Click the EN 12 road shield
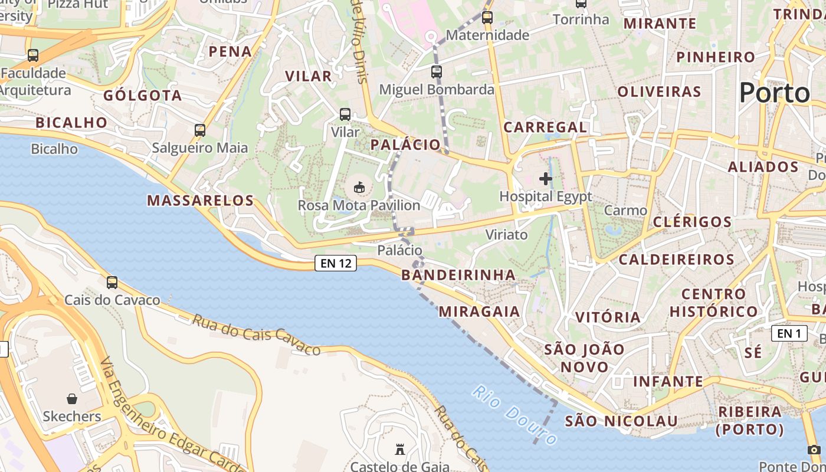tap(336, 263)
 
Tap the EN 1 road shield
tap(789, 333)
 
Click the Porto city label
tap(775, 93)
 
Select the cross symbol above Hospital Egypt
tap(546, 178)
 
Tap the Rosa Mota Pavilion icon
tap(358, 188)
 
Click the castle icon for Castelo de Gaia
tap(400, 450)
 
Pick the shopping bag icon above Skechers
tap(72, 399)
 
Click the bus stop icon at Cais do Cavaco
tap(112, 283)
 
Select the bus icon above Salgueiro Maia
tap(200, 130)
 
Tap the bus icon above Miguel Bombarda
tap(436, 72)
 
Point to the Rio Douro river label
tap(514, 415)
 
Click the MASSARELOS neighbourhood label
tap(200, 201)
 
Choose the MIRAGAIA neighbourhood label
tap(480, 312)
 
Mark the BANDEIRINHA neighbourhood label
tap(458, 275)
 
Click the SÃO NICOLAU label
tap(621, 421)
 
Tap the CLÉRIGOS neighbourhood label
tap(692, 222)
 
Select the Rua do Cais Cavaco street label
tap(256, 335)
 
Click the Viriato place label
tap(506, 234)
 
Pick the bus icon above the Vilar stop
tap(345, 114)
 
